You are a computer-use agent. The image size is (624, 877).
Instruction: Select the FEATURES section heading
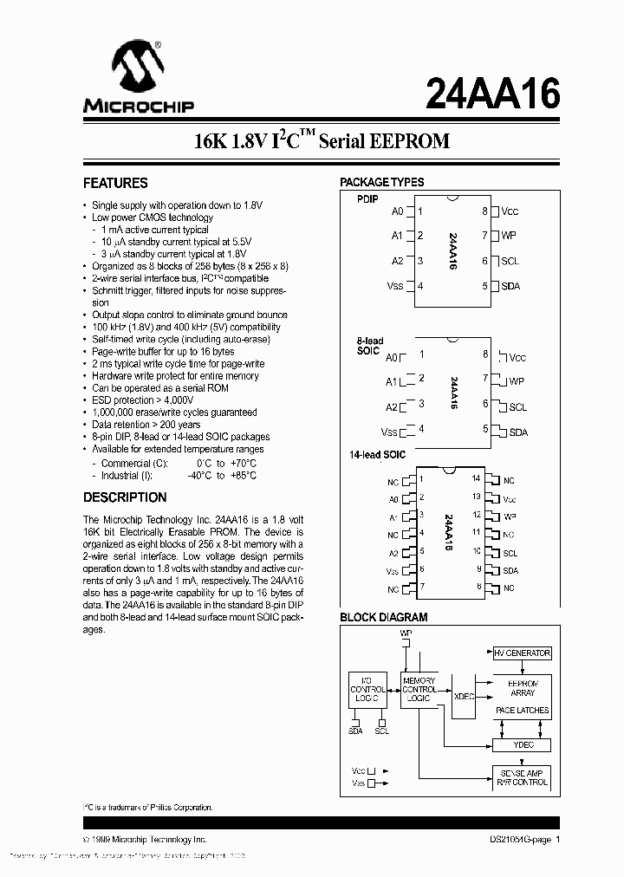click(115, 183)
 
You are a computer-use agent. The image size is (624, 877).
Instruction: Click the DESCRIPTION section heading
click(125, 497)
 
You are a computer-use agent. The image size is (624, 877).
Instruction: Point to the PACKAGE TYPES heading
click(381, 182)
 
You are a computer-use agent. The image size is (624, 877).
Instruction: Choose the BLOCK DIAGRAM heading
click(383, 617)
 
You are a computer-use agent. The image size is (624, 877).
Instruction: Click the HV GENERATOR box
click(522, 653)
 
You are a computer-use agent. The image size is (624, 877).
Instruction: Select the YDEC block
click(522, 744)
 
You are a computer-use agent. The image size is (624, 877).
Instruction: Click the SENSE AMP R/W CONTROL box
click(522, 776)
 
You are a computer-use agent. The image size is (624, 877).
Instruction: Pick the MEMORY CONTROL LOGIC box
click(419, 690)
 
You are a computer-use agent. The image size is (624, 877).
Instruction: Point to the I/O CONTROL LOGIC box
click(367, 689)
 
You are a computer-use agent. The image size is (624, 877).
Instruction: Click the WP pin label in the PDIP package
click(509, 236)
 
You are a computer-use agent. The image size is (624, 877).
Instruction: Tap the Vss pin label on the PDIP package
click(395, 286)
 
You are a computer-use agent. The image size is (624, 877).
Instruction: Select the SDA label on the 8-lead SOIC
click(517, 432)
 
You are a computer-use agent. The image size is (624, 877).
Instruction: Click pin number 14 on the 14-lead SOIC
click(476, 478)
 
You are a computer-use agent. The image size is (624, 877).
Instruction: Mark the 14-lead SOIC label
click(377, 455)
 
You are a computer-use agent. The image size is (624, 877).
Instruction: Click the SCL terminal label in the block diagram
click(382, 731)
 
